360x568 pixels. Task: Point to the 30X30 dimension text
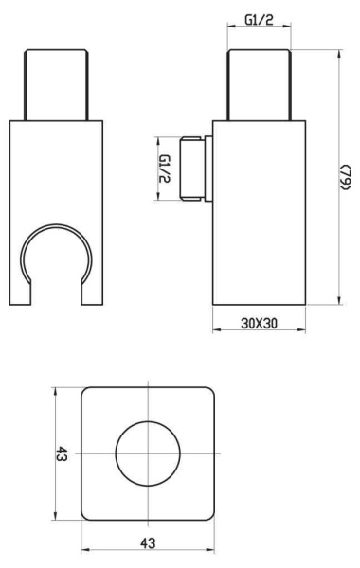[257, 322]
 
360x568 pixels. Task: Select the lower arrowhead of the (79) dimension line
[336, 302]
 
